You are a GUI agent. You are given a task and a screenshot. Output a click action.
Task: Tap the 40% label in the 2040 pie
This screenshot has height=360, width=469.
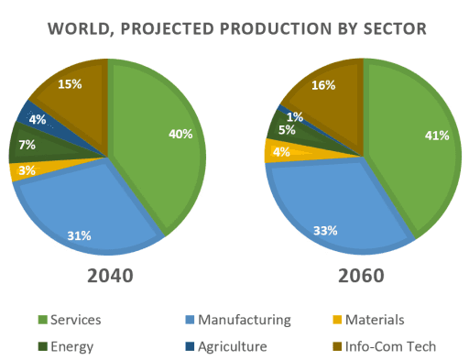[x=180, y=134]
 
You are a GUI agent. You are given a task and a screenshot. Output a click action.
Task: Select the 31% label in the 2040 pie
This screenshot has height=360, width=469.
[x=79, y=235]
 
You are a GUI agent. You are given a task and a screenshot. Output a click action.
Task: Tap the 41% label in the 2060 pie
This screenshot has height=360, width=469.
[x=437, y=136]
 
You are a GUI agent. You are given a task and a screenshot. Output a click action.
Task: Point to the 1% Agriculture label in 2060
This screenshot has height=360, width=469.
[x=295, y=116]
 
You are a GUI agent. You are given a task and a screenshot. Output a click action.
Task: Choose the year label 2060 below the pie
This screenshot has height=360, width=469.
[x=361, y=275]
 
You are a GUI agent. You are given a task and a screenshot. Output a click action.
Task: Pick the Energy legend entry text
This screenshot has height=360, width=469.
[x=83, y=347]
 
